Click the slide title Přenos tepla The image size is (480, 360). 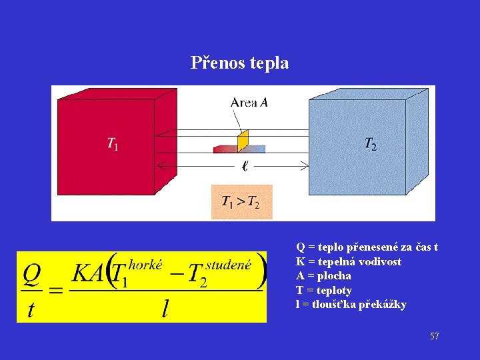coord(239,63)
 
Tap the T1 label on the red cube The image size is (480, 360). coord(113,143)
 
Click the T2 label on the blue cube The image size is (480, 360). coord(370,143)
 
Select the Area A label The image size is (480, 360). coord(249,102)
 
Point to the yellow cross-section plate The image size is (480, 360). coord(243,140)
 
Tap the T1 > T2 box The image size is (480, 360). coord(241,202)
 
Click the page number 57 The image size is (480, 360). coord(434,337)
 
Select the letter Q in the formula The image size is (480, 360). coord(33,273)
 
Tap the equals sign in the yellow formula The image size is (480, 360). coord(57,291)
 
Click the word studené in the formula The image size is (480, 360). coord(229,265)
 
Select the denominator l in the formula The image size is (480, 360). coord(165,309)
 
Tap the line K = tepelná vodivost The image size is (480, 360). coord(349,261)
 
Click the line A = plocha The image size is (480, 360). coord(323,276)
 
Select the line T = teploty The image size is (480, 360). coord(324,291)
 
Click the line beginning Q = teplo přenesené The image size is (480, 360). coord(367,247)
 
